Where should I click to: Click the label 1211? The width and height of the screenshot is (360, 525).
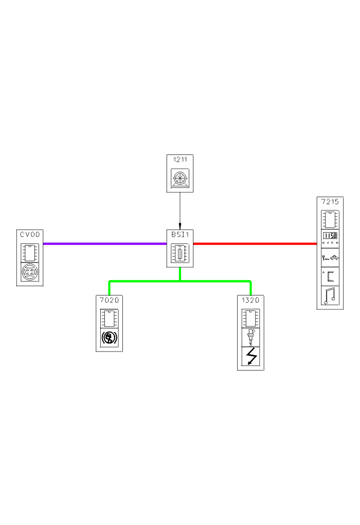179,160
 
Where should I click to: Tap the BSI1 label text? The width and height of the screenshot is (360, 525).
179,234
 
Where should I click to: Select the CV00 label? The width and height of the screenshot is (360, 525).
30,235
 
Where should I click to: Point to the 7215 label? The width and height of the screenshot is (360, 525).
330,201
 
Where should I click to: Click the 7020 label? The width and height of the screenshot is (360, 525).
109,300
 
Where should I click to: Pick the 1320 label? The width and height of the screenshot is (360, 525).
250,300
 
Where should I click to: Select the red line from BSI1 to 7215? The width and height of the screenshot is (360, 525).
255,243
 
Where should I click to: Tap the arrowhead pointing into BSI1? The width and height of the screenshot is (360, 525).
180,226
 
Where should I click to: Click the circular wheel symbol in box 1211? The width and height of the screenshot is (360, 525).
179,178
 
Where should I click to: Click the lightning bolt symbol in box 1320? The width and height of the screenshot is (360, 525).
250,357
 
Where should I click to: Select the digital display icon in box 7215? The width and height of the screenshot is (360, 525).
330,237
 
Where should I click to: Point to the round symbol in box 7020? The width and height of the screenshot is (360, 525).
109,339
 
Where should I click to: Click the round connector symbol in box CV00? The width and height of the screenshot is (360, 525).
30,272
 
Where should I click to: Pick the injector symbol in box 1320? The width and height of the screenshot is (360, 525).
250,337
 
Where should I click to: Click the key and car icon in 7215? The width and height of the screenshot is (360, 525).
330,256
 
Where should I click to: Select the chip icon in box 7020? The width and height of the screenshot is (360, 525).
109,318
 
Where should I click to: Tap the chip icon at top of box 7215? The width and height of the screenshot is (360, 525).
330,219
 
